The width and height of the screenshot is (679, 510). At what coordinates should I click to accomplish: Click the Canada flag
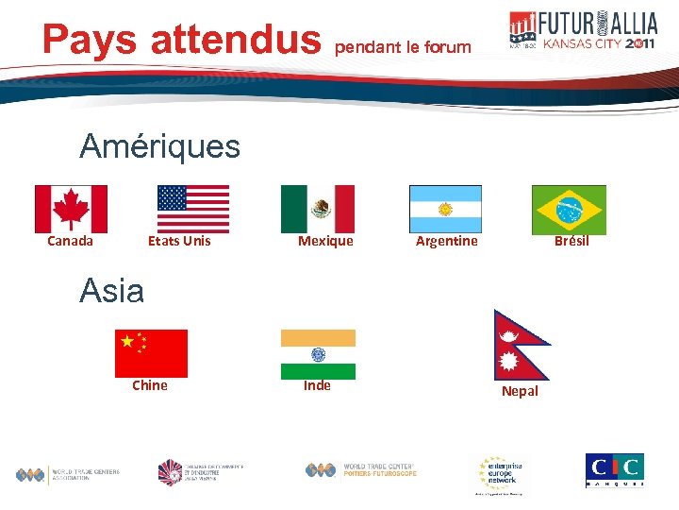71,209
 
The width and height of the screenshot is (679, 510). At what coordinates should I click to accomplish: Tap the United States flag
193,209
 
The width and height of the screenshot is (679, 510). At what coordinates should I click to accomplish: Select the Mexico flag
318,209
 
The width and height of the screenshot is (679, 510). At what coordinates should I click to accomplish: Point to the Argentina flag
445,209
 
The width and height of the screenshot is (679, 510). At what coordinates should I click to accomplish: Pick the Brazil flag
569,209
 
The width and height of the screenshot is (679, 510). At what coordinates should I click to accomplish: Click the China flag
151,353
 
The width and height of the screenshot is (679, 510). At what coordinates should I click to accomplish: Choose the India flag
318,354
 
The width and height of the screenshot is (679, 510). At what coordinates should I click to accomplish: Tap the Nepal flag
517,344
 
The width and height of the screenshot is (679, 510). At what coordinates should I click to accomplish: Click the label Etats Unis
179,241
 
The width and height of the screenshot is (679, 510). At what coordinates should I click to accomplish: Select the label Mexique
325,241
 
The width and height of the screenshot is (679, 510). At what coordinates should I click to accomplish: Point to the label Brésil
571,241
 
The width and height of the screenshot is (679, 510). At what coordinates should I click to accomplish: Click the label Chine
150,385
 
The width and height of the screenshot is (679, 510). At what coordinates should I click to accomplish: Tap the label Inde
317,385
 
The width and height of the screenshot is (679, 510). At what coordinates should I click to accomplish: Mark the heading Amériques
159,146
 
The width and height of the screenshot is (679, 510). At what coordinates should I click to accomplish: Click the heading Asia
111,291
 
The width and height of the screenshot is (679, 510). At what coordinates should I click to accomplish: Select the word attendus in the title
236,39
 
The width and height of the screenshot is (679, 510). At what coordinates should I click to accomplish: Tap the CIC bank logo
614,469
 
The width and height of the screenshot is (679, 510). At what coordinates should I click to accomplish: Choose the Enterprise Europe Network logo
503,475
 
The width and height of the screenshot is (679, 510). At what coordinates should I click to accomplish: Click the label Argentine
447,241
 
